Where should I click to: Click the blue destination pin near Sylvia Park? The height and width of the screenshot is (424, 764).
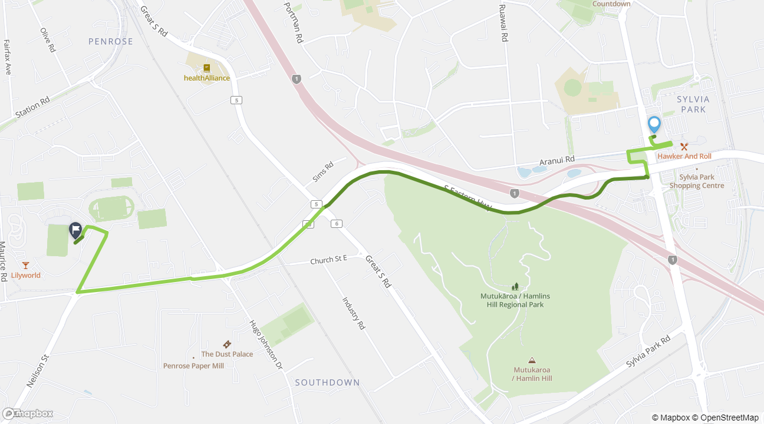pos(654,124)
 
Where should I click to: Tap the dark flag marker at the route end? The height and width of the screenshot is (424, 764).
pos(75,230)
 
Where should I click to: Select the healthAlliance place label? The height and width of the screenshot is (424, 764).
pos(207,78)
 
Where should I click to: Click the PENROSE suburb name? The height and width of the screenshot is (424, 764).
pos(111,41)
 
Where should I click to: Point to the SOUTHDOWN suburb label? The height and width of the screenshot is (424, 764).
pos(327,382)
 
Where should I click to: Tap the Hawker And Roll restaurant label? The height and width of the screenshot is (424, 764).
pos(684,156)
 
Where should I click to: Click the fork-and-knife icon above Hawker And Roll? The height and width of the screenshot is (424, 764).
pos(684,146)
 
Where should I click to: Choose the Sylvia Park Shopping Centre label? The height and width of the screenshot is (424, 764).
pos(697,181)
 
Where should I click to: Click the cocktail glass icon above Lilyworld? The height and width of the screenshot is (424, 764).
pos(25,265)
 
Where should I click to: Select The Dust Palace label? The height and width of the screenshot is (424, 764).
pos(227,354)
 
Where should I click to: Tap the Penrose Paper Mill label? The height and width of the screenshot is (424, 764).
pos(193,366)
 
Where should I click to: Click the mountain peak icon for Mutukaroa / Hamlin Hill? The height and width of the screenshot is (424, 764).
pos(532,360)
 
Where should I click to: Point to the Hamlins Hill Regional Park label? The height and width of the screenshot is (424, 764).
pos(515,300)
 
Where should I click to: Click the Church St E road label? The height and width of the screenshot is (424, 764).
pos(329,260)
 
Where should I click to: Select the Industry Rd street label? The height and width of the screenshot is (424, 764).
pos(354,313)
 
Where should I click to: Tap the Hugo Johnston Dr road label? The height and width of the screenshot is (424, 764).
pos(266,344)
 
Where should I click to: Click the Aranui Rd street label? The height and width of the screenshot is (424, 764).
pos(557,160)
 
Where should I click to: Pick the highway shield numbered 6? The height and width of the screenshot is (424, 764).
pos(337,223)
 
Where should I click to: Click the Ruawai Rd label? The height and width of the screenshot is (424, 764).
pos(503,24)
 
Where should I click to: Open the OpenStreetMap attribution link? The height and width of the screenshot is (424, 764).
pos(730,418)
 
